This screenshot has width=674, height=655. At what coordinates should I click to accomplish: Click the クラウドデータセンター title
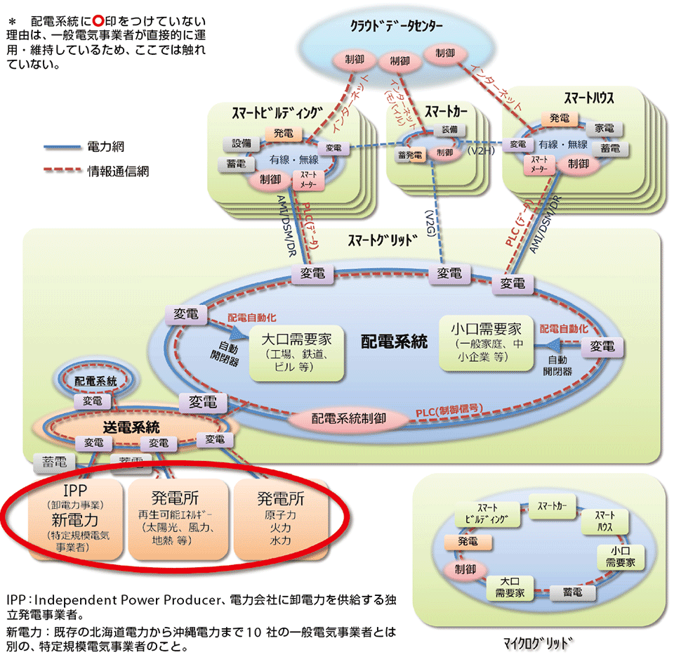(x=397, y=27)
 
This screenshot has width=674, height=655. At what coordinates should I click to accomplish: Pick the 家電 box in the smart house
(x=604, y=129)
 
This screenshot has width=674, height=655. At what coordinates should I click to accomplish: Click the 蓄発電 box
(x=409, y=155)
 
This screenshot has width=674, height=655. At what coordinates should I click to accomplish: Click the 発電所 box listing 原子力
(x=280, y=519)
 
